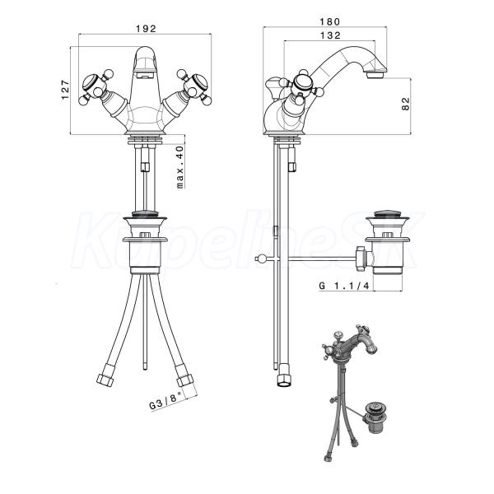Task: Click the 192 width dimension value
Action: click(146, 29)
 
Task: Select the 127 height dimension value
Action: click(65, 90)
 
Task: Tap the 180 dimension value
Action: click(330, 21)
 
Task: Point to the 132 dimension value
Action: click(330, 35)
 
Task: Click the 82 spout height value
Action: click(406, 104)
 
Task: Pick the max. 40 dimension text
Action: click(179, 167)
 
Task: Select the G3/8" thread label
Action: click(165, 400)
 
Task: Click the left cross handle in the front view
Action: click(96, 86)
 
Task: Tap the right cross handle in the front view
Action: click(194, 86)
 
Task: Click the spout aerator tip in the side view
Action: click(375, 75)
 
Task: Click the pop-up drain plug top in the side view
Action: click(387, 213)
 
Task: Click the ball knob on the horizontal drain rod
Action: click(259, 259)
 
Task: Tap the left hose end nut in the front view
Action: click(105, 379)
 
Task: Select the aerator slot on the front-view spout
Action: click(145, 76)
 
